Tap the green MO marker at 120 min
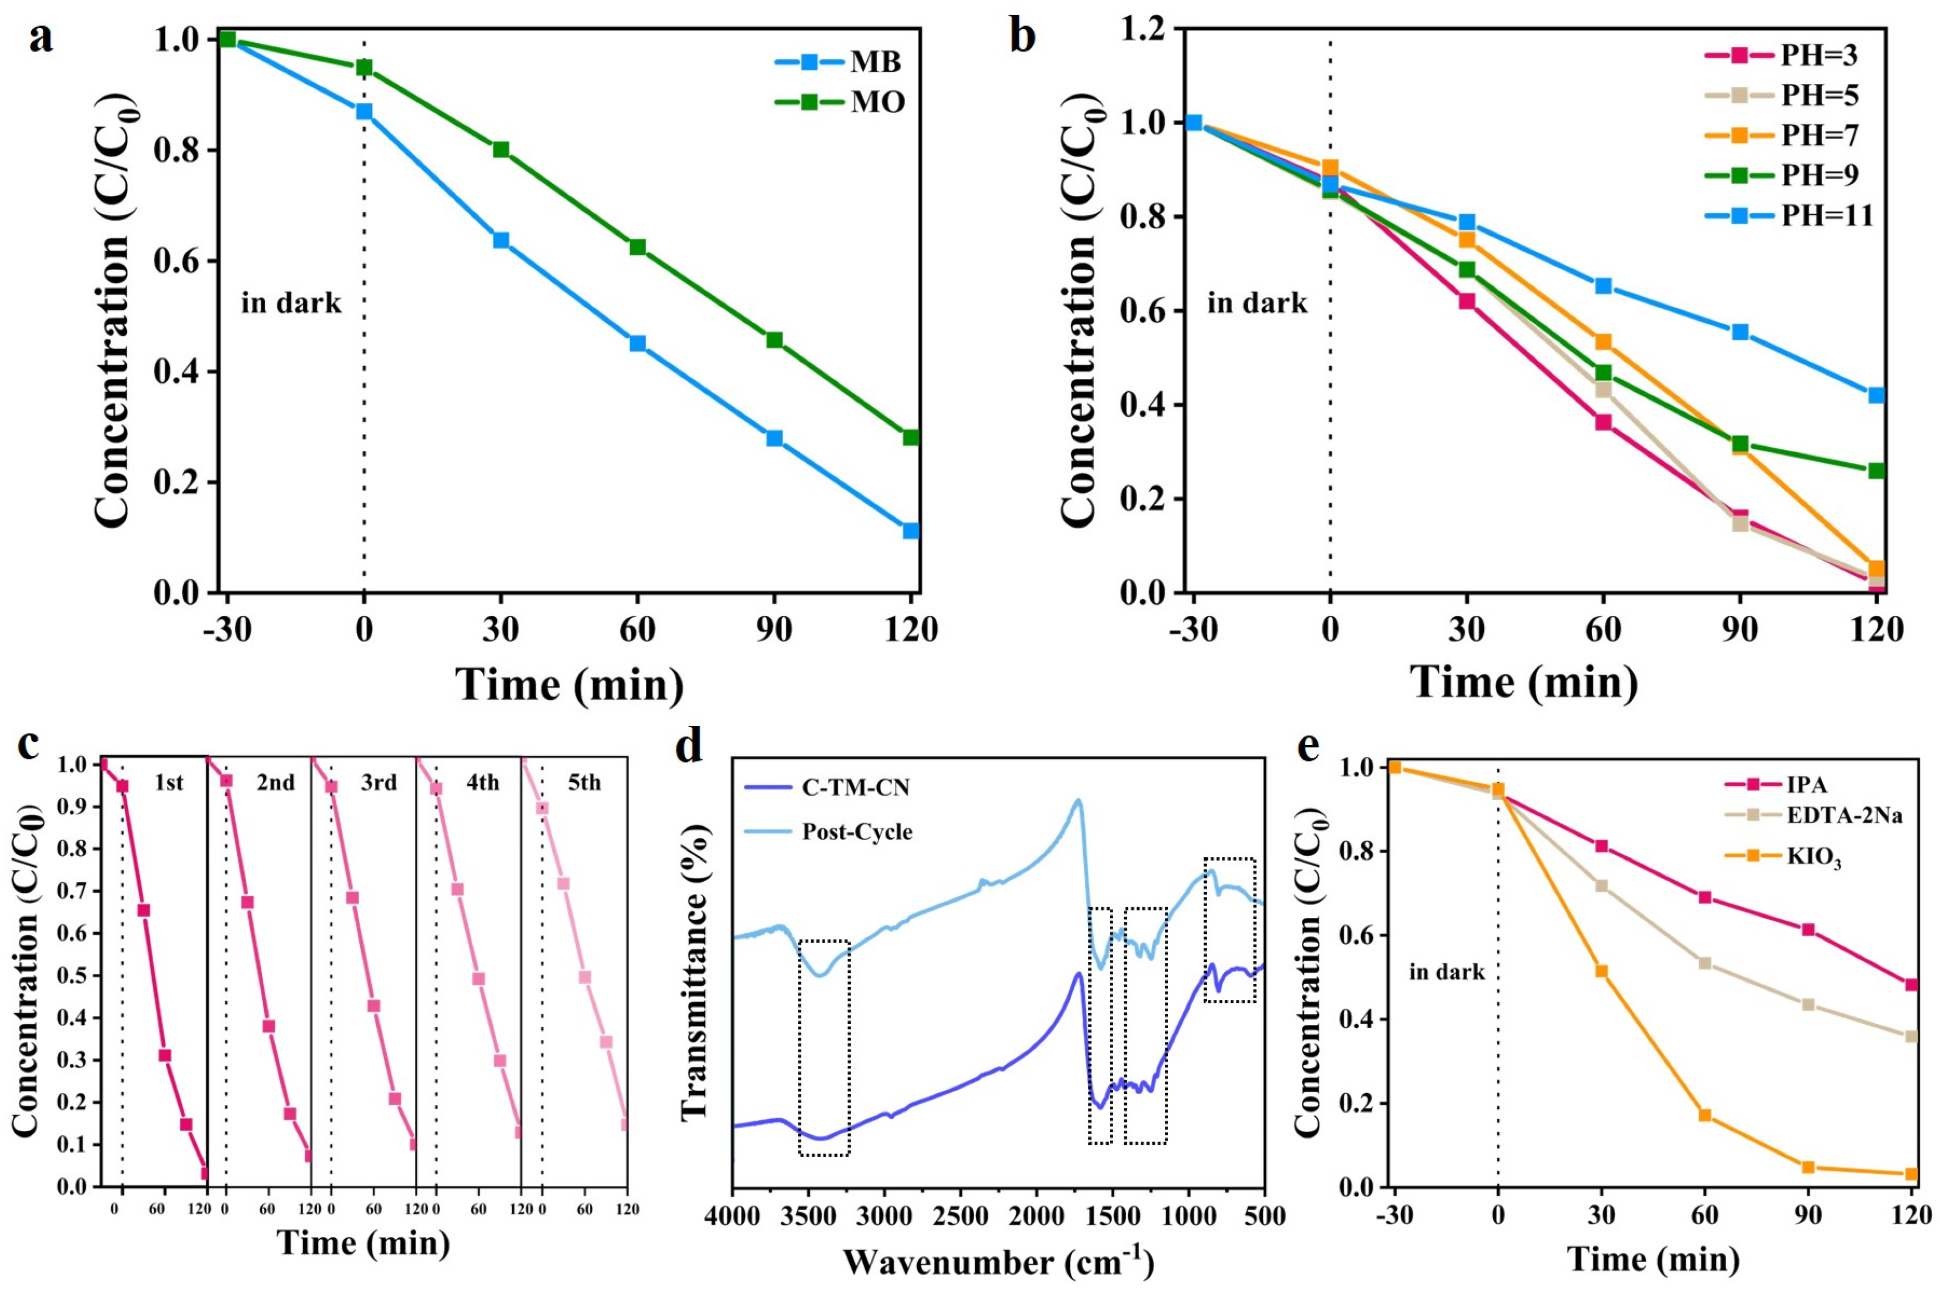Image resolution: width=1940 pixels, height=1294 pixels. (910, 437)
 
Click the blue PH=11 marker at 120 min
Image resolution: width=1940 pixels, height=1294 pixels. (1876, 395)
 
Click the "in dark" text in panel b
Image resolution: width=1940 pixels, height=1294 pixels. (1257, 304)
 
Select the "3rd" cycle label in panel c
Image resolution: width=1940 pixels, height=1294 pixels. (379, 782)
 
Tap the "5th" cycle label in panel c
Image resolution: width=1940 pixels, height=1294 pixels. (584, 782)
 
